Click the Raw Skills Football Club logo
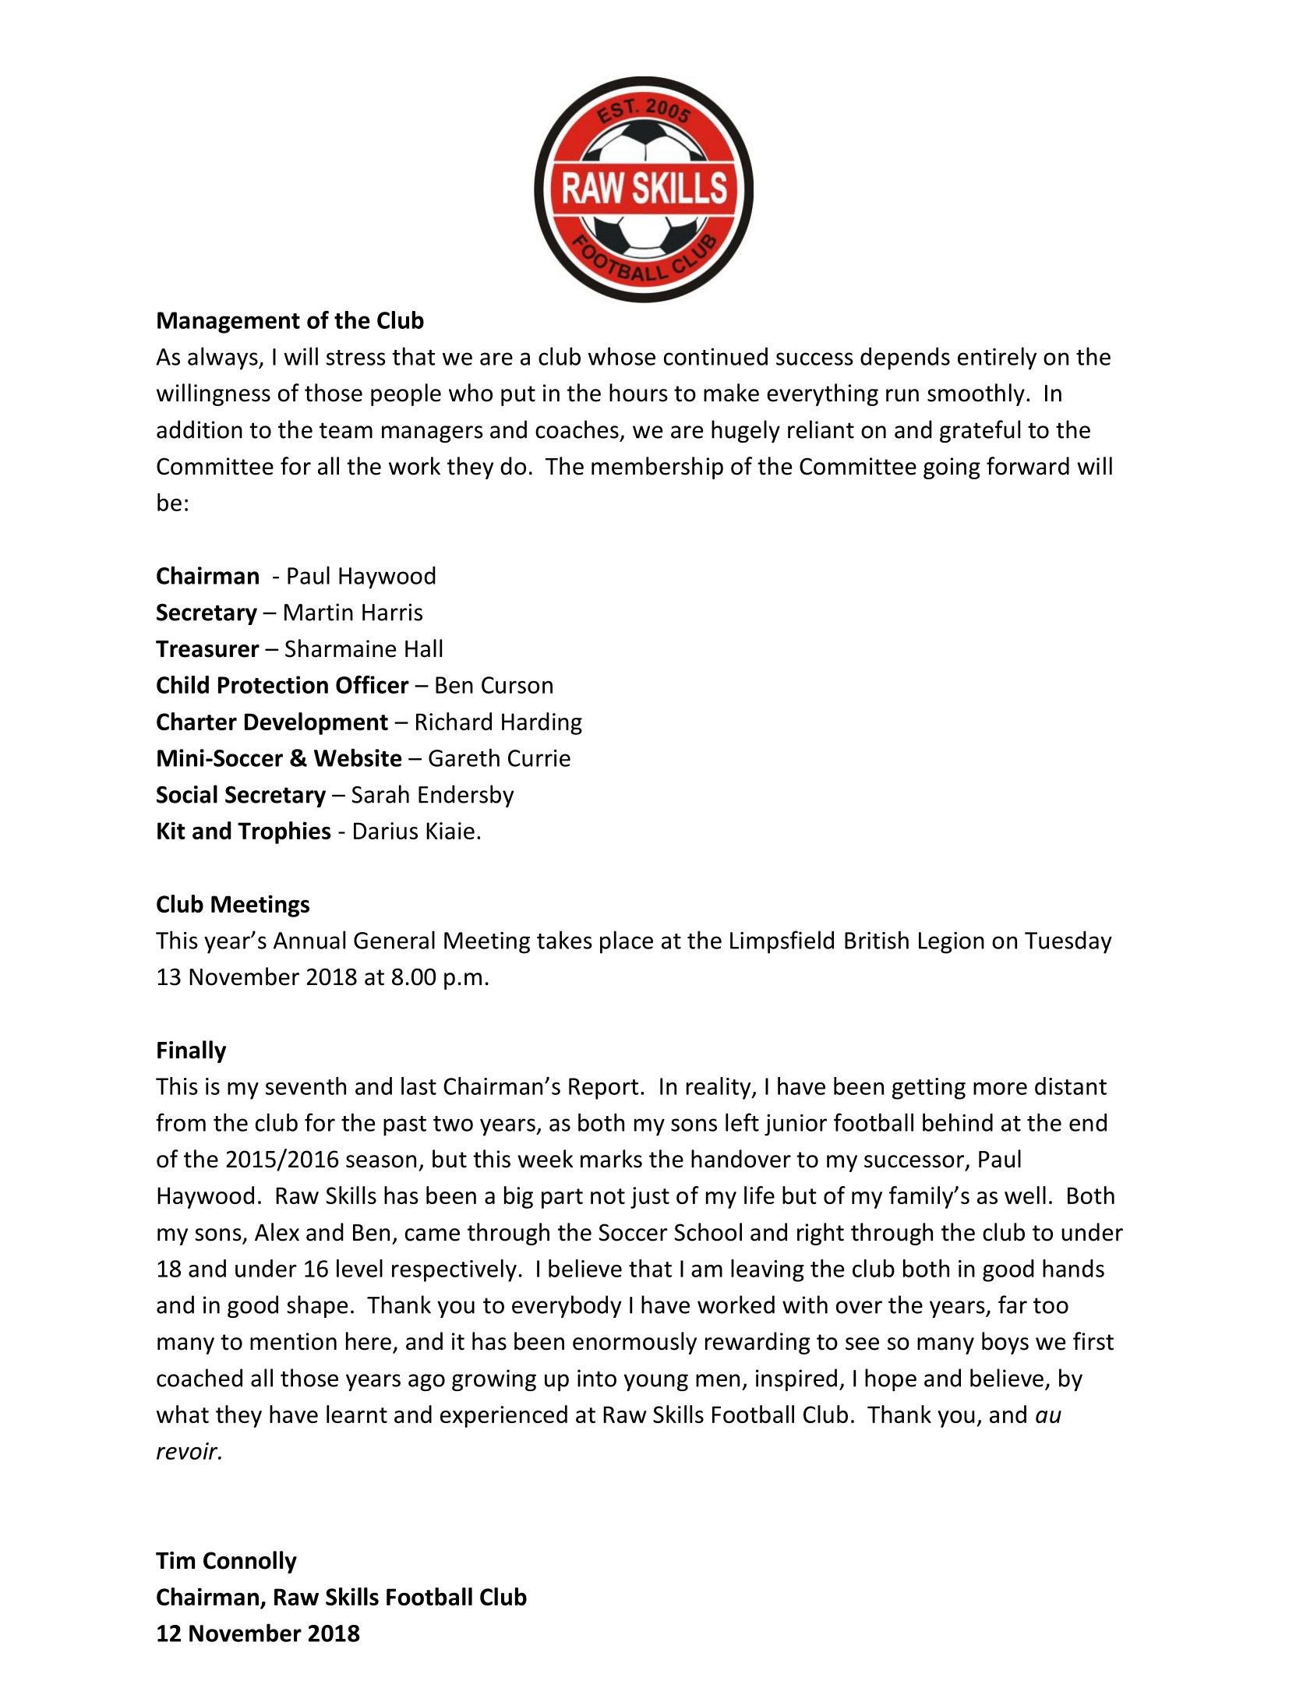point(644,189)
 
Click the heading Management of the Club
point(290,321)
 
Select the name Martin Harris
point(352,613)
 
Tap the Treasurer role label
point(207,649)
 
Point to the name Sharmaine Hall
point(363,649)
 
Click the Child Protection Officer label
point(282,686)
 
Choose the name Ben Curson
point(493,686)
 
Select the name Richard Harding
point(498,722)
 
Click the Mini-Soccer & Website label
point(279,758)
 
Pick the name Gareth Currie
point(499,758)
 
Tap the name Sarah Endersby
point(432,795)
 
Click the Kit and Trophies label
point(243,832)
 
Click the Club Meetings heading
point(233,905)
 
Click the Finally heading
point(191,1051)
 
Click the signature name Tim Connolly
point(226,1561)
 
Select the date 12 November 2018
point(258,1633)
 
